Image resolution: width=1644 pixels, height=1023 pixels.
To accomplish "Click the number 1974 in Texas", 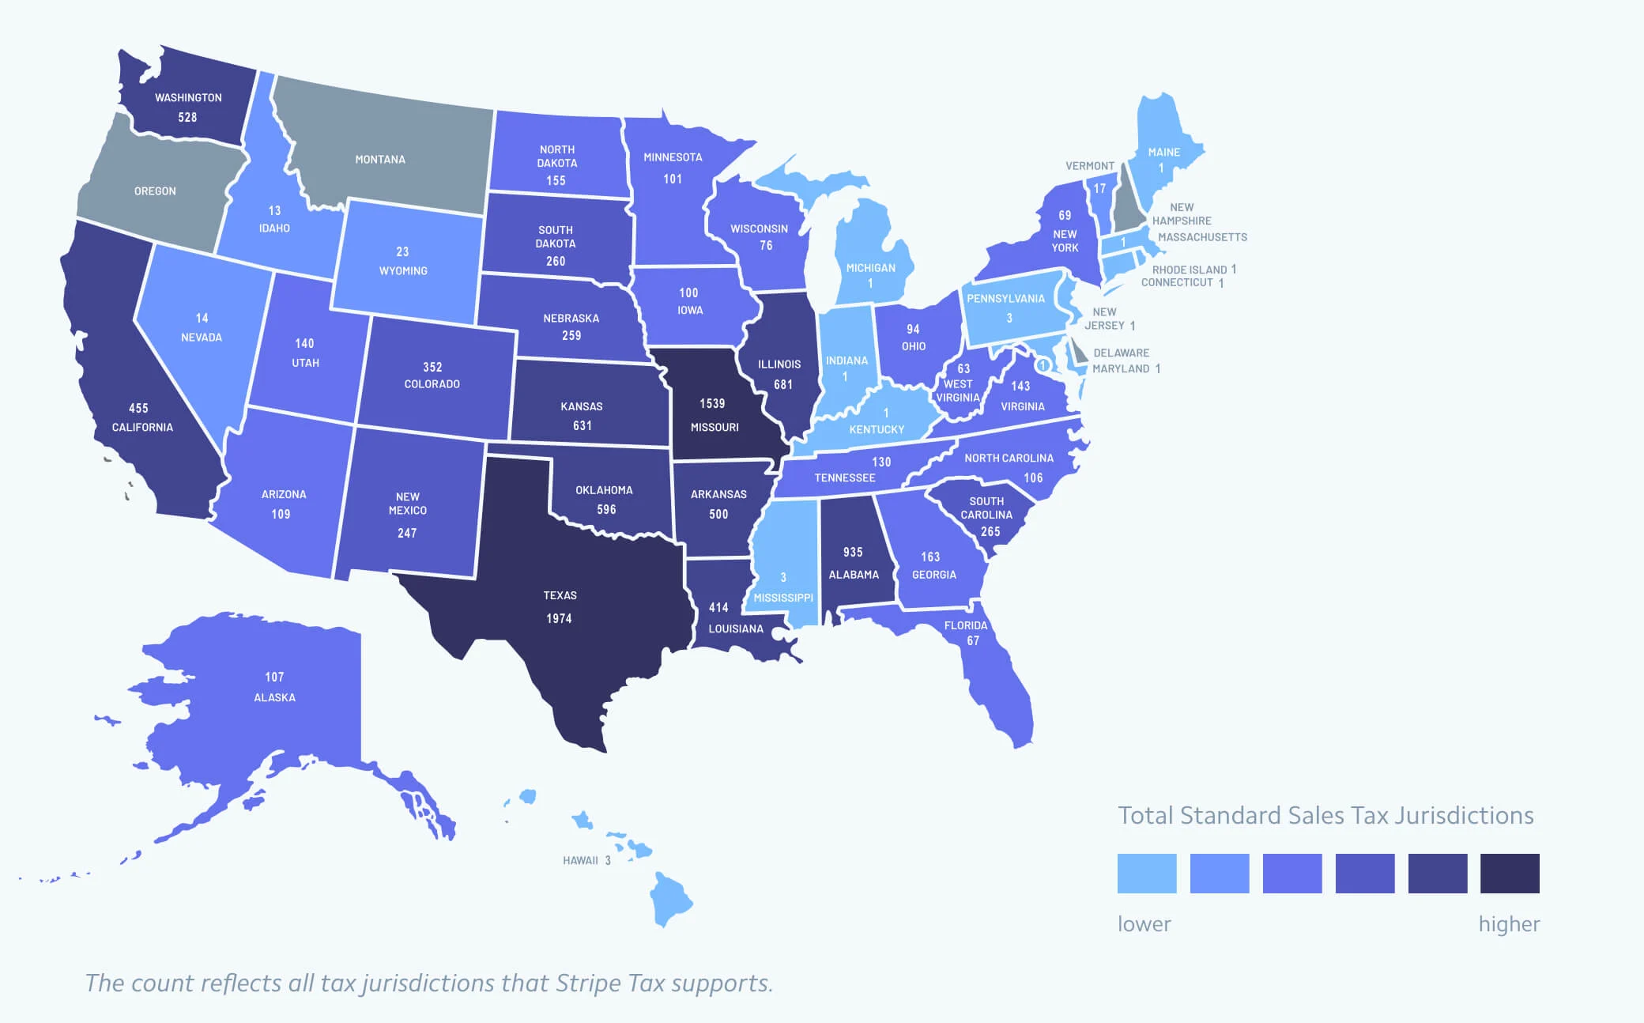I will [x=559, y=618].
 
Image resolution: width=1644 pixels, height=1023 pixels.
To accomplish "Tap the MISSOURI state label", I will [x=715, y=427].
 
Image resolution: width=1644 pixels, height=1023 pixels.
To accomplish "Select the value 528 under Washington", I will [x=187, y=117].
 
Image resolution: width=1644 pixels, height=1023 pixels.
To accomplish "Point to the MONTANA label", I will [x=380, y=160].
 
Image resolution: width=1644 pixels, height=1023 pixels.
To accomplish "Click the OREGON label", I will [x=155, y=191].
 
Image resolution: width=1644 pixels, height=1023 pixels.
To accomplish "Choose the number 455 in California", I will [x=138, y=408].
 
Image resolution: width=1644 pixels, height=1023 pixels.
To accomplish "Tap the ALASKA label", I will [x=274, y=697].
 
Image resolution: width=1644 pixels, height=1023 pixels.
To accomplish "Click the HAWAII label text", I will [x=580, y=860].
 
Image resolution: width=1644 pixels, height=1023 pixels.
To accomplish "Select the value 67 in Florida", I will [x=973, y=640].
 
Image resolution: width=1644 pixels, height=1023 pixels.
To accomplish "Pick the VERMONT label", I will [x=1089, y=166].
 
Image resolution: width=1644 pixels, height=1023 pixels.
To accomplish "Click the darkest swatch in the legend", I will [x=1509, y=873].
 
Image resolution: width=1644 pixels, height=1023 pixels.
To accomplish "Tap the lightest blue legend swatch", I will [x=1146, y=873].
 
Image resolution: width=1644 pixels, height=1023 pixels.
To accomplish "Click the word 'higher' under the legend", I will [x=1509, y=923].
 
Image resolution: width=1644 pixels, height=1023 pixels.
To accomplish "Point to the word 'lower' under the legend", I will [x=1144, y=923].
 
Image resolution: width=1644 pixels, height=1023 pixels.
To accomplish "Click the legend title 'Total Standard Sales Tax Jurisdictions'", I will [x=1325, y=815].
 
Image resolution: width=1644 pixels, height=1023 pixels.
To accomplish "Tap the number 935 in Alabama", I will [x=853, y=552].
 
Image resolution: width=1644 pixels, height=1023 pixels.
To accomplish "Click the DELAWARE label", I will [x=1121, y=353].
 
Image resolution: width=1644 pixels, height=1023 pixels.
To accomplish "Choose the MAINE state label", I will [x=1163, y=152].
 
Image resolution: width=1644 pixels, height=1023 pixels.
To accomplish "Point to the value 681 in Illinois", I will [x=782, y=384].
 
